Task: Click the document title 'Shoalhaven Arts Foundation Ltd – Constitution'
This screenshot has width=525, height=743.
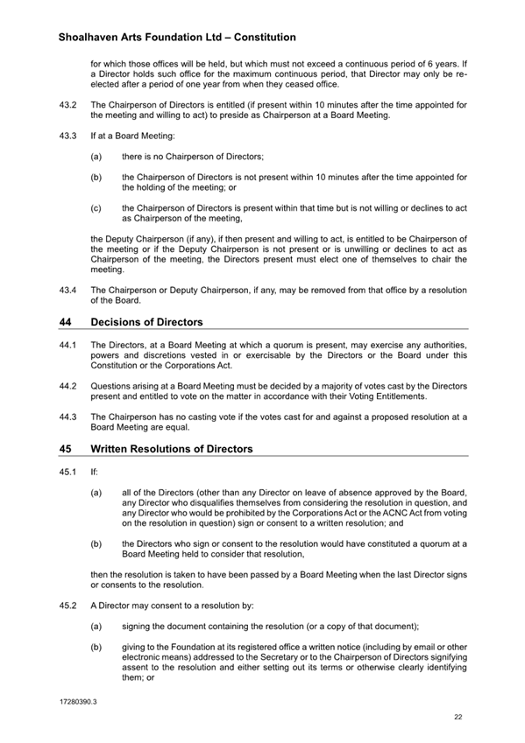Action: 176,38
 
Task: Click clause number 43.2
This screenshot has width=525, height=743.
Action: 67,105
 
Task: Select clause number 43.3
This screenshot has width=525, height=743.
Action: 67,136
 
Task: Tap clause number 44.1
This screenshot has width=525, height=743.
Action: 67,345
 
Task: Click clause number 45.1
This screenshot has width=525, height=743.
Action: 67,471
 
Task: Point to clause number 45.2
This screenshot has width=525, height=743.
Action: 67,606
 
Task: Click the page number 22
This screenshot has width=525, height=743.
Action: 458,717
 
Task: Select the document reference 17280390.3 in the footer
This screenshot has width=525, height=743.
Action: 79,701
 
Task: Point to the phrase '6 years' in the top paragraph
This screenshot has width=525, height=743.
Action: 450,63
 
